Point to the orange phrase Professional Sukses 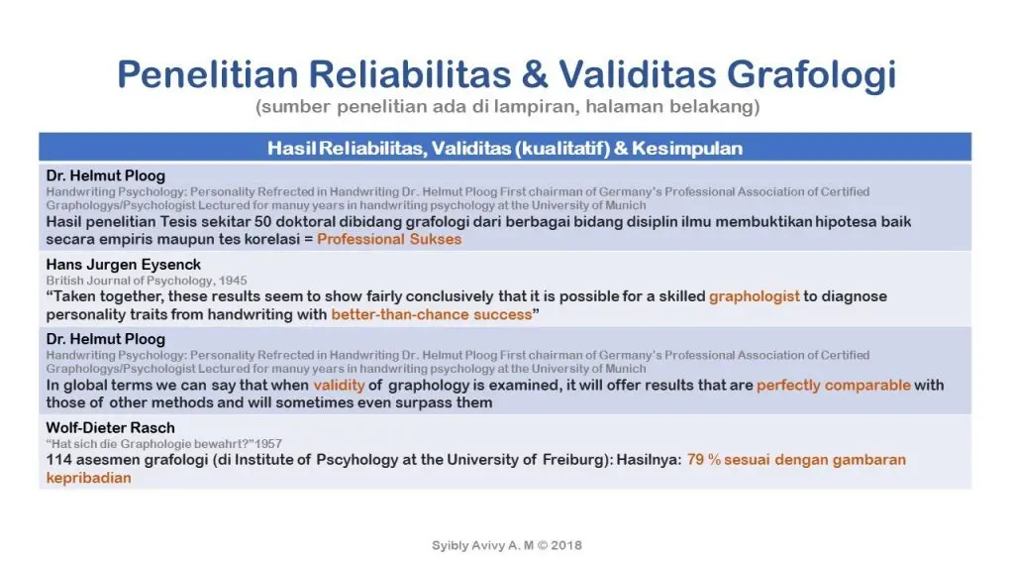click(x=389, y=239)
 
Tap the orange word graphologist click(x=754, y=296)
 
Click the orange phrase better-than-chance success click(x=432, y=314)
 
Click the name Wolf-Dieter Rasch click(x=110, y=427)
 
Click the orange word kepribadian click(x=88, y=477)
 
